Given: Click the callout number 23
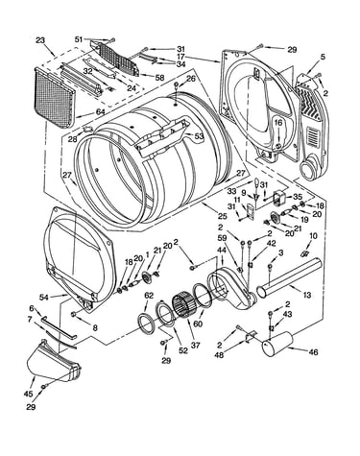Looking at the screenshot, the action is click(x=40, y=40).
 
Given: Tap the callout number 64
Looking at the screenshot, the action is click(x=100, y=111).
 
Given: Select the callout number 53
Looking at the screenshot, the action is click(x=199, y=136).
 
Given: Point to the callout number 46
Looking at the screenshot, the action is click(x=313, y=352).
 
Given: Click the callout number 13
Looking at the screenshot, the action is click(x=306, y=295).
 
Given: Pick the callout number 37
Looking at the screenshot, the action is click(x=195, y=346).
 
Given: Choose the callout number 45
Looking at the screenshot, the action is click(x=28, y=394).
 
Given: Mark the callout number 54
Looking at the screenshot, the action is click(x=44, y=298).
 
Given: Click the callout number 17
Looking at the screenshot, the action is click(x=180, y=58).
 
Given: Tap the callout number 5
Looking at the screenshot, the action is click(x=323, y=57).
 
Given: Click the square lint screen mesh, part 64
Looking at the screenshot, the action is click(x=54, y=97).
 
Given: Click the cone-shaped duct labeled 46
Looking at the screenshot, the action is click(x=277, y=344).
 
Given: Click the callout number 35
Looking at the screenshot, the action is click(x=298, y=197).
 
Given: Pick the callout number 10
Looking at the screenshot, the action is click(x=314, y=236).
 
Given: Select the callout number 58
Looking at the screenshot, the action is click(x=159, y=78).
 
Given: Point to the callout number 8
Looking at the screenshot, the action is click(x=95, y=327).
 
